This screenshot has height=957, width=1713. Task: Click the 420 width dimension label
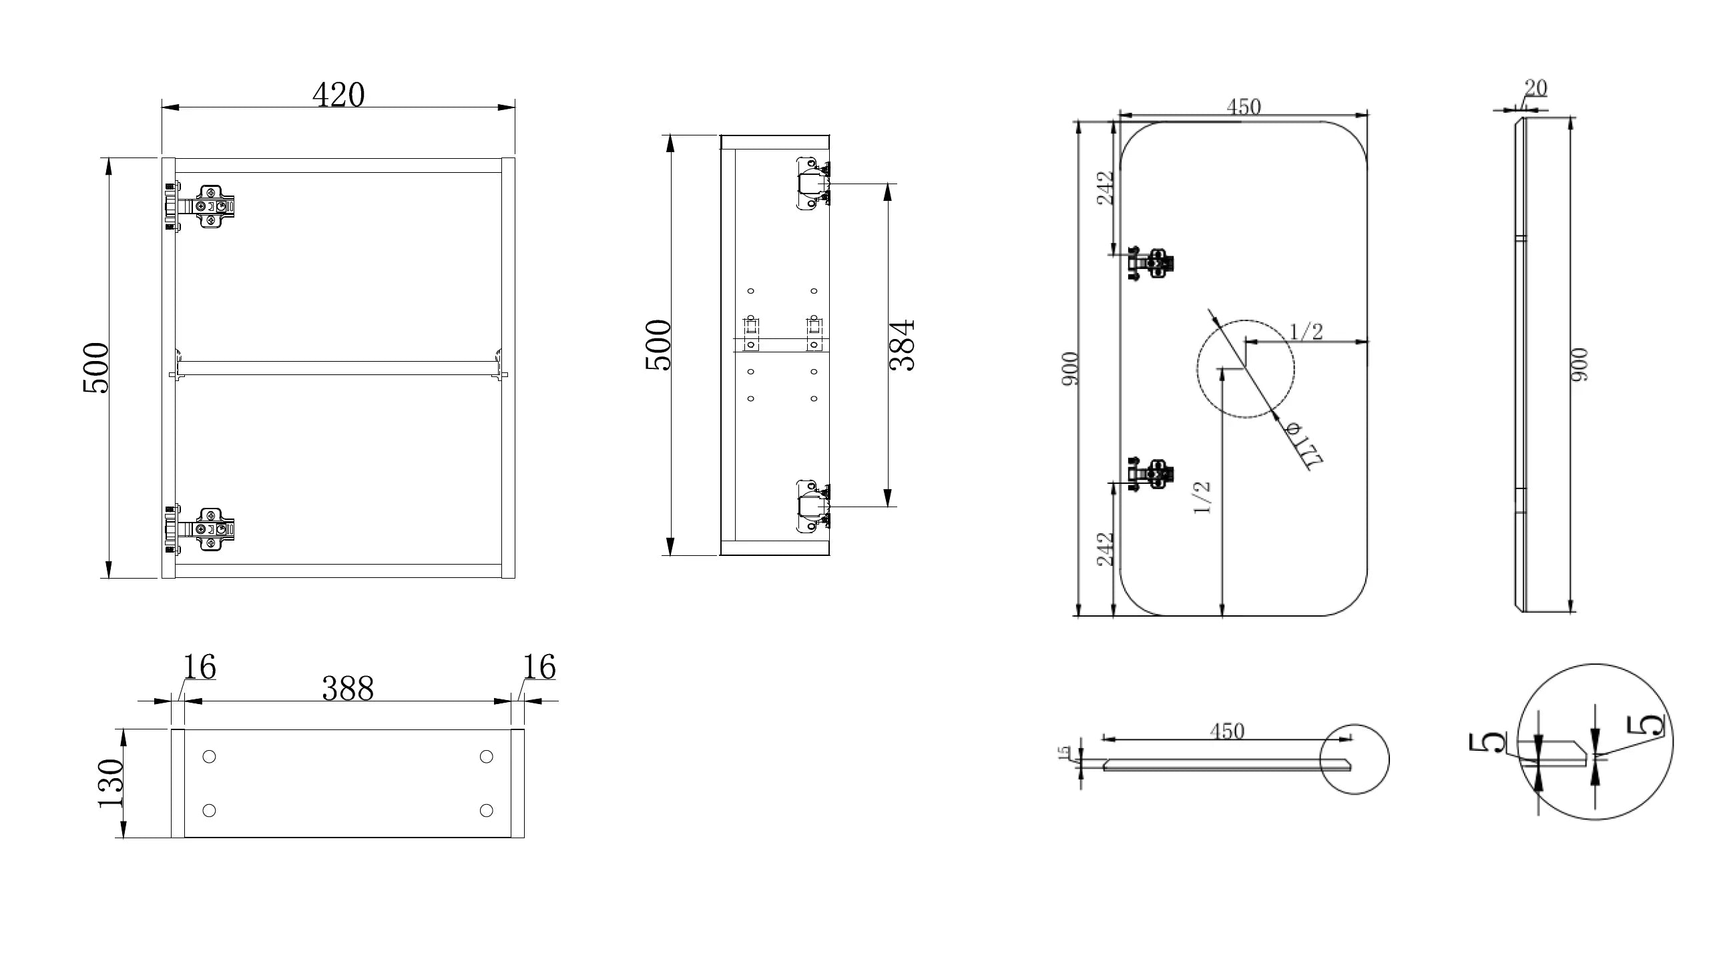(338, 95)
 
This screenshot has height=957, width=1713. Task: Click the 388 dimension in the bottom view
(348, 689)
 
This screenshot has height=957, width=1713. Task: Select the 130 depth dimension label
(111, 783)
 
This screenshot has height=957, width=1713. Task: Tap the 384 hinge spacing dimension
(903, 346)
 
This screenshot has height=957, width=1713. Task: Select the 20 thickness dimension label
(1535, 88)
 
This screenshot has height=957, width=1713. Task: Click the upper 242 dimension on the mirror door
(1106, 188)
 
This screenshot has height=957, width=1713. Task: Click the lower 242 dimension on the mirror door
(1106, 549)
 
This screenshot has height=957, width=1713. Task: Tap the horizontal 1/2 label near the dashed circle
(1306, 332)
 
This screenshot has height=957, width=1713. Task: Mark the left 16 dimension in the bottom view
(200, 667)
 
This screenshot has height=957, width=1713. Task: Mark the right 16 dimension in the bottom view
(539, 667)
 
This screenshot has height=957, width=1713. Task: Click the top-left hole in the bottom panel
(209, 757)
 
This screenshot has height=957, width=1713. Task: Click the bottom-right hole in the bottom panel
(487, 810)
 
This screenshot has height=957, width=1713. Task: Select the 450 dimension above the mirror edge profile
(1227, 731)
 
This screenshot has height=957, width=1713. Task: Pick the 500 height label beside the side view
(658, 345)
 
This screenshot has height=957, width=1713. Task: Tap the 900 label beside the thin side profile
(1579, 365)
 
